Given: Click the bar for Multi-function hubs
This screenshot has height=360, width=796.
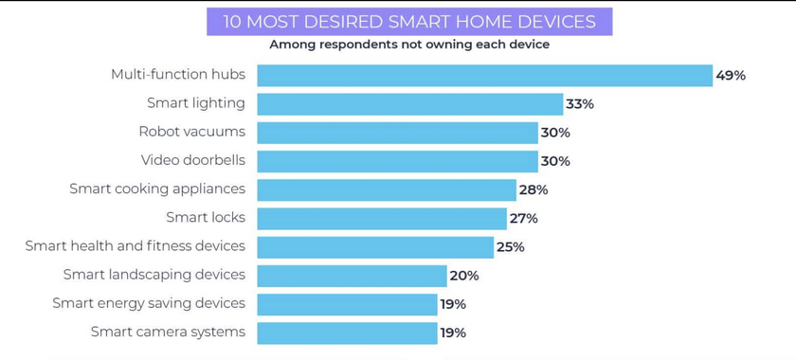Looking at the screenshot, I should pyautogui.click(x=484, y=75).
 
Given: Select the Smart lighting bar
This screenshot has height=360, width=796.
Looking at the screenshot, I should pyautogui.click(x=409, y=103).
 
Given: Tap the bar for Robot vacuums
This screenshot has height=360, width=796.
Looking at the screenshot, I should pyautogui.click(x=397, y=133).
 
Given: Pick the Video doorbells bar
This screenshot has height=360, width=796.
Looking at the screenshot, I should pyautogui.click(x=397, y=161).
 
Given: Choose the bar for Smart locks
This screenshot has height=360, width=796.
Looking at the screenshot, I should pyautogui.click(x=382, y=219).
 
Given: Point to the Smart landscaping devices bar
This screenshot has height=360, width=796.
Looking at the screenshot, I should pyautogui.click(x=352, y=276).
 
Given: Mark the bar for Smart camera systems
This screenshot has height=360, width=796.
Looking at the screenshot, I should pyautogui.click(x=347, y=333).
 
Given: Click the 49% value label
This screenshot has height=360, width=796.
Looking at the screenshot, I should pyautogui.click(x=731, y=76).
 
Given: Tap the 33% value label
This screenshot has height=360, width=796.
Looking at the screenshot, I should pyautogui.click(x=580, y=104).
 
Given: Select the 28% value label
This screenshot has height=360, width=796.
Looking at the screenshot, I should pyautogui.click(x=534, y=189).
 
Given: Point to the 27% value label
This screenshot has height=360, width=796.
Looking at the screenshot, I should pyautogui.click(x=523, y=219).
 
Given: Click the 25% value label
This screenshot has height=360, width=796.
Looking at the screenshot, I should pyautogui.click(x=510, y=247).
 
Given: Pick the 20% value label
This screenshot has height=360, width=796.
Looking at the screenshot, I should pyautogui.click(x=464, y=276).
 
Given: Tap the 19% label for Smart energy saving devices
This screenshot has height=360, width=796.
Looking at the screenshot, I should pyautogui.click(x=453, y=304).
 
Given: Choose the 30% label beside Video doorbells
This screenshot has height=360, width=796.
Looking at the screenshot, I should pyautogui.click(x=555, y=161).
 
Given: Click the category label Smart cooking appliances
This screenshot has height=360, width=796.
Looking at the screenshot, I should pyautogui.click(x=157, y=189).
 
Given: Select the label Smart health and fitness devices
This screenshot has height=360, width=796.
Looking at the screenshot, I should pyautogui.click(x=135, y=245).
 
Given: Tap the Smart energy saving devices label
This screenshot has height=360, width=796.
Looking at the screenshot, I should pyautogui.click(x=149, y=303).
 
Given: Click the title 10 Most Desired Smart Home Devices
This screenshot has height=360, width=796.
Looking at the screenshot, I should pyautogui.click(x=409, y=21).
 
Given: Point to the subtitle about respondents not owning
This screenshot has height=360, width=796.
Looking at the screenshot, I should pyautogui.click(x=409, y=45).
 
